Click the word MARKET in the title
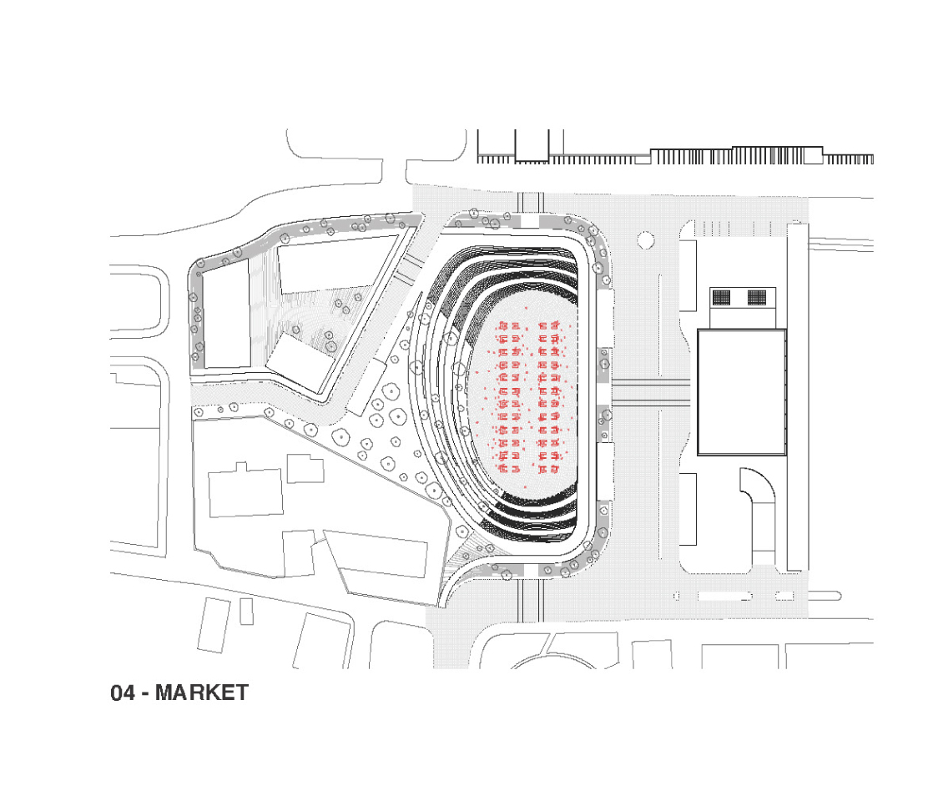pos(201,693)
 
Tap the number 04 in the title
pos(124,693)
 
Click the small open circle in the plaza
pos(646,240)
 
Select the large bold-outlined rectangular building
pos(742,392)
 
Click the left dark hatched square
pos(721,297)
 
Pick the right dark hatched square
pos(757,297)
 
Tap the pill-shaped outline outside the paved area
pos(825,596)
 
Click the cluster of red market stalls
pos(528,398)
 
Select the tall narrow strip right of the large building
pos(798,397)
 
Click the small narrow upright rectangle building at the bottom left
pos(246,612)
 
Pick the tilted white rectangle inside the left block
pos(300,363)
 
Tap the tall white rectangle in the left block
pos(227,315)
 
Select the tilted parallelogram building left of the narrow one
pos(214,625)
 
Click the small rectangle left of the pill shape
pos(784,596)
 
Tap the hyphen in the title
pos(145,694)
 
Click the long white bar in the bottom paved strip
pos(724,596)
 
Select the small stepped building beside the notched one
pos(305,468)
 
